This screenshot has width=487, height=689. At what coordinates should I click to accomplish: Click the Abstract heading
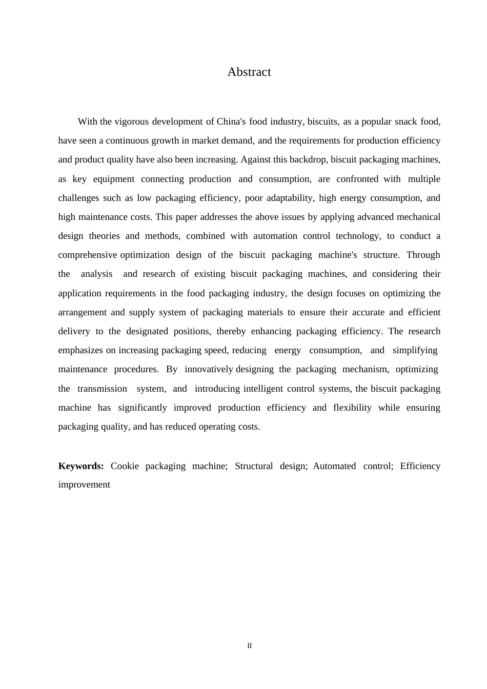coord(249,72)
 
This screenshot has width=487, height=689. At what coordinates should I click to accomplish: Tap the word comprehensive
coord(88,255)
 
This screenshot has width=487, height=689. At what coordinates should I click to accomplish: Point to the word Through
coord(423,255)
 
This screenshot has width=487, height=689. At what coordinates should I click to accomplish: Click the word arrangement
coord(82,312)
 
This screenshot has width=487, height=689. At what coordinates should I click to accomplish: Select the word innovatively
coord(209,369)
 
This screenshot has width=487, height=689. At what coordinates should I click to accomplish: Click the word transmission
coord(102,389)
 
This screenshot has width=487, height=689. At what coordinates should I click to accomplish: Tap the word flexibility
coord(352,408)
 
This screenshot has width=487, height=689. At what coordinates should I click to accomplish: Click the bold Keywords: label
coord(81,466)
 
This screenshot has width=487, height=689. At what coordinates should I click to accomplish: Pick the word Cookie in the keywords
coord(125,466)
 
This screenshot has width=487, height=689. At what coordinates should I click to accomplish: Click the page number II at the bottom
coord(250,646)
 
